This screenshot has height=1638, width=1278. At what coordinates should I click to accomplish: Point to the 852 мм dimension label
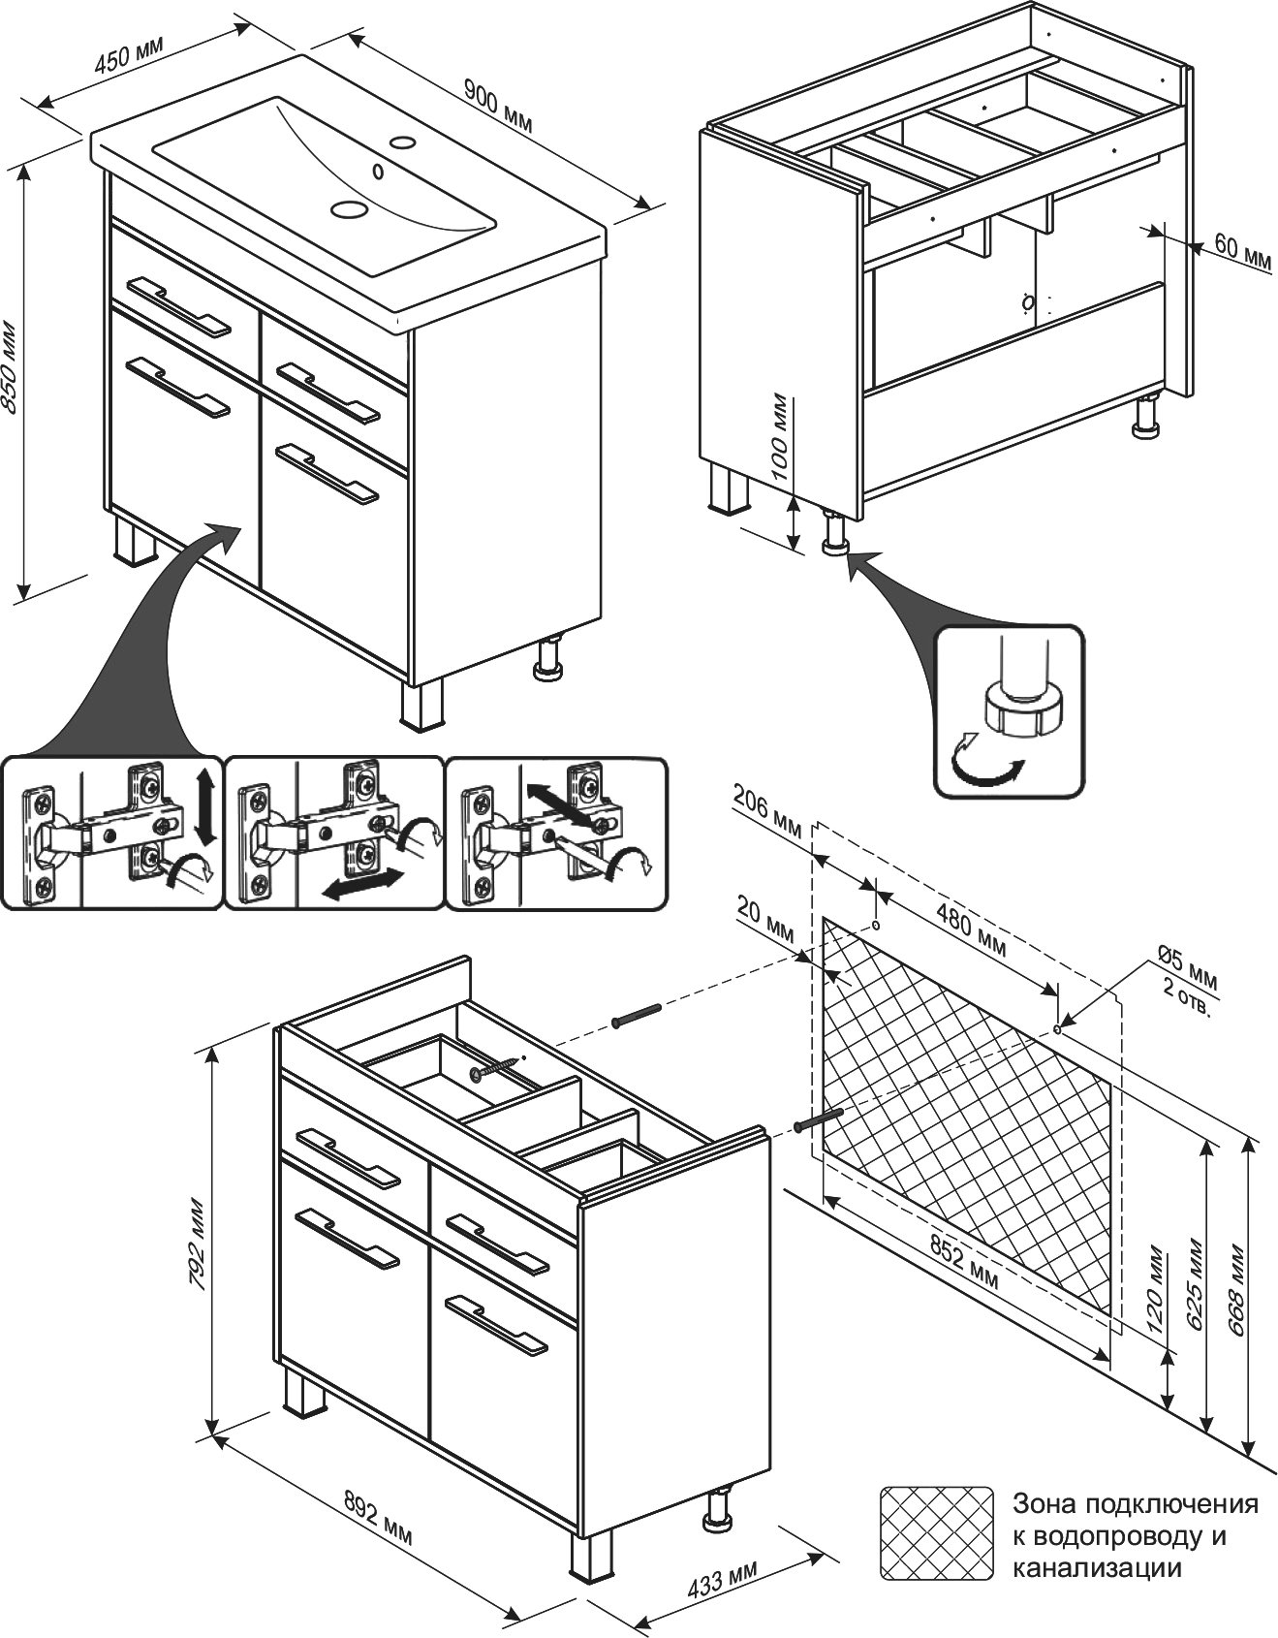click(962, 1261)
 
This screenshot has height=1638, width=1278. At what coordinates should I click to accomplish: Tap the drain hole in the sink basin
click(349, 208)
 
